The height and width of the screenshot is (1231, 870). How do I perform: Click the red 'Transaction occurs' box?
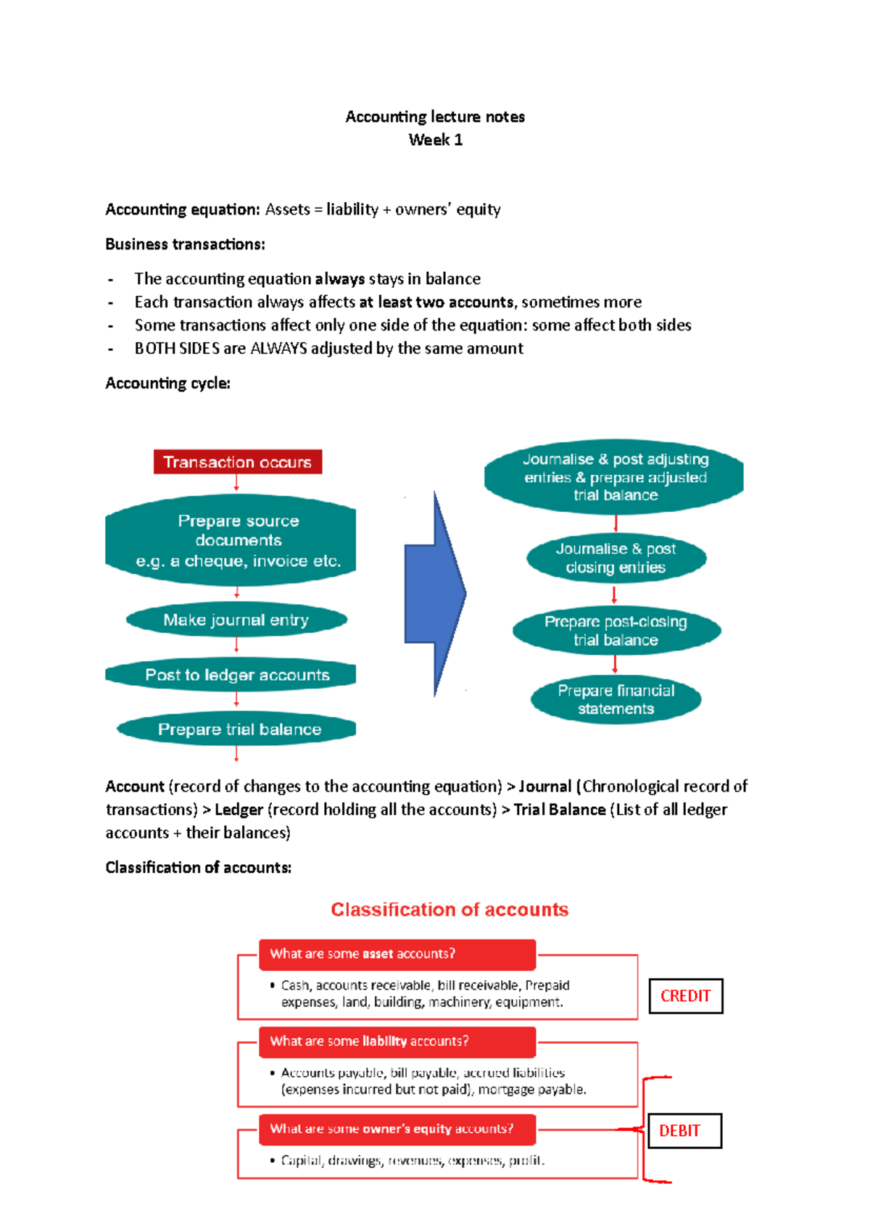click(238, 462)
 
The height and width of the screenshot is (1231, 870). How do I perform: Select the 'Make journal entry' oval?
click(236, 620)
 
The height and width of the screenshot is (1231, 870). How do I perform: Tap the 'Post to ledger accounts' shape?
click(237, 675)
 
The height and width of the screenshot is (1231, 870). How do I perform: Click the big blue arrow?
click(435, 594)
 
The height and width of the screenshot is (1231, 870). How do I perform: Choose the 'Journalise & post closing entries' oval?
click(616, 558)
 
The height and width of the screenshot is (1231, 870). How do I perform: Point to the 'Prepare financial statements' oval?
click(616, 700)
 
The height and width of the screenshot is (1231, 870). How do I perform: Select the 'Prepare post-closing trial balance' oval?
click(616, 631)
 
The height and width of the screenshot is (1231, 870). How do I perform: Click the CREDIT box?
click(685, 996)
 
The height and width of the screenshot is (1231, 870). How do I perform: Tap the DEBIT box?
click(684, 1131)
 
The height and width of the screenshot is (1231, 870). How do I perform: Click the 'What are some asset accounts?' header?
click(397, 954)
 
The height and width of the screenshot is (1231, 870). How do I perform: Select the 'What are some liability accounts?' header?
click(397, 1042)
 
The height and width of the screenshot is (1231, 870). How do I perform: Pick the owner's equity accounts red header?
click(397, 1129)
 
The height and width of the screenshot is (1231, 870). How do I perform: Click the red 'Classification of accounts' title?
click(449, 910)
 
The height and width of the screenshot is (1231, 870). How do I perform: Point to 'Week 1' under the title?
click(435, 140)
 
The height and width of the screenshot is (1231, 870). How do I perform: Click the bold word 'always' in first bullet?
click(339, 279)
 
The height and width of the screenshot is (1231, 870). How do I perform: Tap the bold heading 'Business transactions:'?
click(185, 244)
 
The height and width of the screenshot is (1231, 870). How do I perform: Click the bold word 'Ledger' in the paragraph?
click(239, 810)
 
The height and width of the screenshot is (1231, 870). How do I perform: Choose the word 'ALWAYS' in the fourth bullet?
click(278, 349)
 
